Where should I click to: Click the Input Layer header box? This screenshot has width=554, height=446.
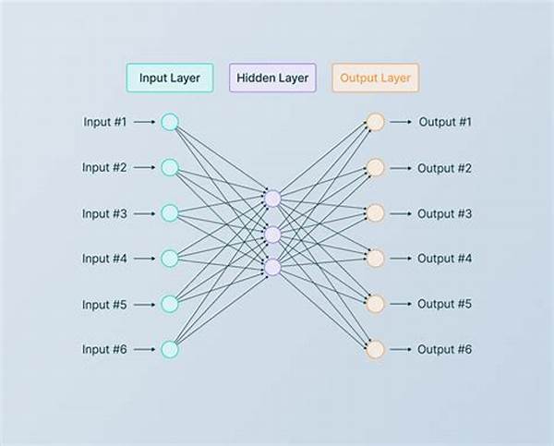(170, 78)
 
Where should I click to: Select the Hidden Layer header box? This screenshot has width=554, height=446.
(272, 78)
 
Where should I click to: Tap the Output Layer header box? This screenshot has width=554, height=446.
(375, 78)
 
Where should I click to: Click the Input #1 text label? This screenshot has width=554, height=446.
(104, 122)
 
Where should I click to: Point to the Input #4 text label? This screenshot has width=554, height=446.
(104, 259)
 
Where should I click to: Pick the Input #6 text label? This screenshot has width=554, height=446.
(104, 349)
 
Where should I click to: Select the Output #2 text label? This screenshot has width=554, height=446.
(444, 168)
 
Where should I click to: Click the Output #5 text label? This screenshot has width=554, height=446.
(444, 304)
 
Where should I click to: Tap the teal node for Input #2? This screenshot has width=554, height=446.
(170, 167)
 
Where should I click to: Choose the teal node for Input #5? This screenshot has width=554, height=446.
(170, 304)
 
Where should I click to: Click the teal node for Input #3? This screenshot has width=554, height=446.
(170, 213)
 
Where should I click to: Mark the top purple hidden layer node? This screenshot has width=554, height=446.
(272, 199)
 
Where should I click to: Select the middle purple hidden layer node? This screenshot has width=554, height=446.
(272, 235)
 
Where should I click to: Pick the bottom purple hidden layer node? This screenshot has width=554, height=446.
(272, 267)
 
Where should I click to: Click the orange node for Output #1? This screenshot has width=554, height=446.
(375, 122)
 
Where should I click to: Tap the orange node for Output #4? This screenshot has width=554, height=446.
(375, 259)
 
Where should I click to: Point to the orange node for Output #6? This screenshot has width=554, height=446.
(375, 349)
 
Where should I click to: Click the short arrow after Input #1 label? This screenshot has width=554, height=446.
(145, 122)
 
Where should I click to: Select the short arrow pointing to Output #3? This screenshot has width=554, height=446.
(401, 213)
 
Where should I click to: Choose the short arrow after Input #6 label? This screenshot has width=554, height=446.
(145, 350)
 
